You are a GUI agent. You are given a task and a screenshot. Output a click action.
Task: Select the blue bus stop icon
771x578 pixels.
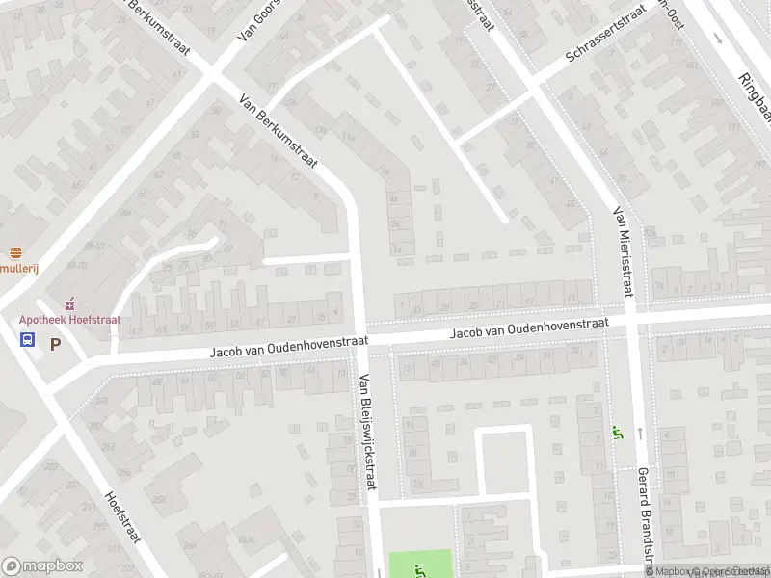coord(28,340)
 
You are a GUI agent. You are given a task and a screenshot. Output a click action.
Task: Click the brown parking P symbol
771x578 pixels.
coord(55,342)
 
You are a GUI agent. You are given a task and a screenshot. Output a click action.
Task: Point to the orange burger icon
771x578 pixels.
coord(14,252)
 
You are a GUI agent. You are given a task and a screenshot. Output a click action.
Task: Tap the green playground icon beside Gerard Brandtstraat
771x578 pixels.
coord(616,434)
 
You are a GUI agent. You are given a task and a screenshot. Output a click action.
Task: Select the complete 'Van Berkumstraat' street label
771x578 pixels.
coord(278,134)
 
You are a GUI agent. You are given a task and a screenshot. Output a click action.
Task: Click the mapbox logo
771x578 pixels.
coord(42,566)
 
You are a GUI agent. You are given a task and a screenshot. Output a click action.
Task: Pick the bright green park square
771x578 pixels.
coord(419,564)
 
